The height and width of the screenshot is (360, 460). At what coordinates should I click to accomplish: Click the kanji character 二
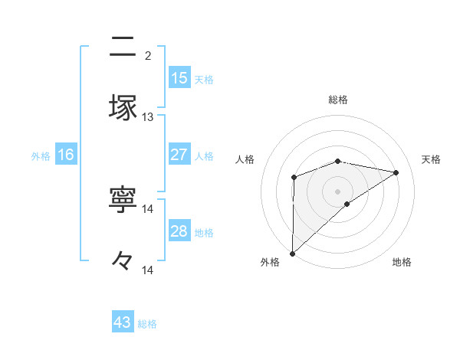point(123,47)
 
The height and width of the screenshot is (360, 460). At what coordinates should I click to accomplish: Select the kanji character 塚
point(123,107)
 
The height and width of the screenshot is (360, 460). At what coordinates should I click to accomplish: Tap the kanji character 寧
point(123,200)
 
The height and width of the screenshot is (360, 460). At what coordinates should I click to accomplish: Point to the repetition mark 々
point(123,261)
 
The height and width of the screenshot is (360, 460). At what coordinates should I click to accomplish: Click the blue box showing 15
point(179,78)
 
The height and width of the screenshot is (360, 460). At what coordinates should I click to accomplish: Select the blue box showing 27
point(179,155)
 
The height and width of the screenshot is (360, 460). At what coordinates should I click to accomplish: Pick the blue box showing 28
point(179,231)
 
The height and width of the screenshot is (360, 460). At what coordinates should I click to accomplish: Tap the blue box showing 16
point(66,155)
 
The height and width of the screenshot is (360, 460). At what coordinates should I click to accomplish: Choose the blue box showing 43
point(123,322)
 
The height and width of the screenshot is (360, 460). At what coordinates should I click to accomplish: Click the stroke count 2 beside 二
point(147,55)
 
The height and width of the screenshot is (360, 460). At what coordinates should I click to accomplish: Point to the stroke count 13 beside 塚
point(148,117)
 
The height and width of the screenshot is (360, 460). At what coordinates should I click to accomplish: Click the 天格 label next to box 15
point(204,79)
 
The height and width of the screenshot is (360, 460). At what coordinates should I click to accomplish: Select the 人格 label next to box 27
point(204,155)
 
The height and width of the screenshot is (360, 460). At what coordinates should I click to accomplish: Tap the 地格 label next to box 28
point(204,232)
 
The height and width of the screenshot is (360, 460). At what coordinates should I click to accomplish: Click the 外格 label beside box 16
point(41,155)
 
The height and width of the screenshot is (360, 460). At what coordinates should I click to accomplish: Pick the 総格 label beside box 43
point(147,323)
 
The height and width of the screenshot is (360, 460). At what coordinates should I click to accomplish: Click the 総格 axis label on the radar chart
point(338,100)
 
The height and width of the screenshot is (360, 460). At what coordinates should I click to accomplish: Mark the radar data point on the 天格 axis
point(396,172)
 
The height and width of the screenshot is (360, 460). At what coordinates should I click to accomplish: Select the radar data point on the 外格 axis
point(293,253)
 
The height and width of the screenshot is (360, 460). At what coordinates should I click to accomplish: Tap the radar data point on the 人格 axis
point(294,178)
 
